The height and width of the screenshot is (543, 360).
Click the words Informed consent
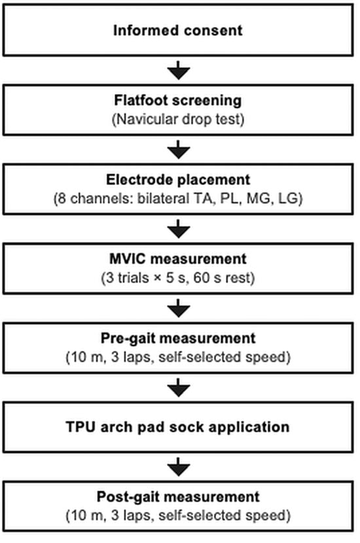[178, 31]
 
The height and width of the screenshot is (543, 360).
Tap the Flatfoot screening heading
[178, 101]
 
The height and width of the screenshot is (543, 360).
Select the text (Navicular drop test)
[178, 120]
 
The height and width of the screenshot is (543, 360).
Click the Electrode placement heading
[178, 180]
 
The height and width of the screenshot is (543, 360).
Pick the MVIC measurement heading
[178, 259]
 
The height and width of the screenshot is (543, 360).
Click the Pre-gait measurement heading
[178, 338]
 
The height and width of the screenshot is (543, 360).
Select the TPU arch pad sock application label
[178, 427]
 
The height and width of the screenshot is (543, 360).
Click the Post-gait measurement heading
[178, 497]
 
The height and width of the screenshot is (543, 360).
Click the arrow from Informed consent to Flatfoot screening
[179, 70]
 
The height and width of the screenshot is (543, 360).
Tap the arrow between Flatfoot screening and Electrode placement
[179, 150]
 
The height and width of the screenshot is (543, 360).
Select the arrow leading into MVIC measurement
[179, 229]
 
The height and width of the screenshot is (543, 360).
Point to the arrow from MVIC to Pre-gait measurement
[179, 308]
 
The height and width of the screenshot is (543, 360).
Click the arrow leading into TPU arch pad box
[179, 387]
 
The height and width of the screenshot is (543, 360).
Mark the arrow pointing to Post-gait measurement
[179, 467]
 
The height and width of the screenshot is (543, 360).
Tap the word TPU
[81, 427]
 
